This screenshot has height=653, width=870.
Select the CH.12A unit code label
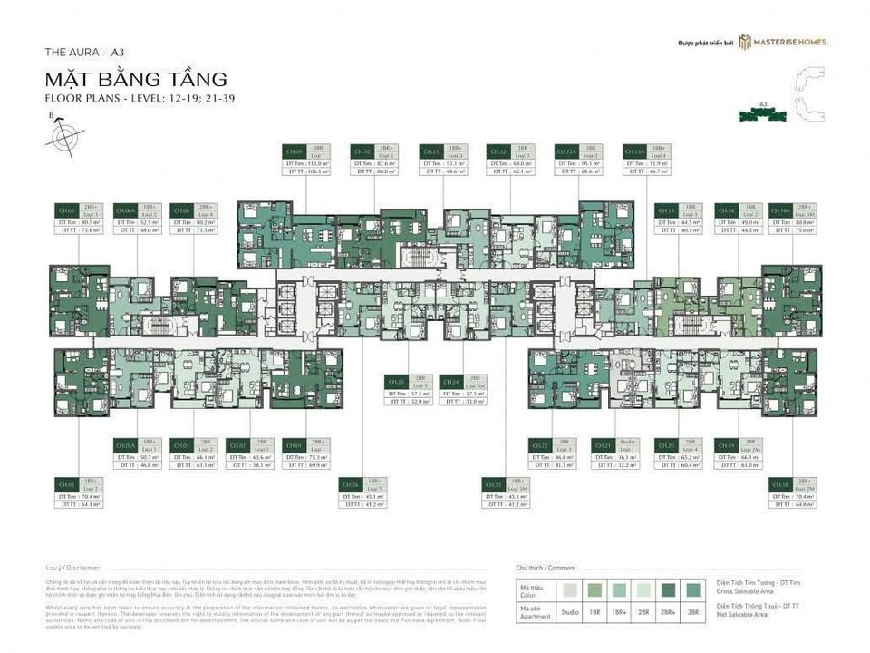point(565,151)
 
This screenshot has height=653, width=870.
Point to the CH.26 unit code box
point(350,485)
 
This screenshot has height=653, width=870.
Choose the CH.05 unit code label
point(65,485)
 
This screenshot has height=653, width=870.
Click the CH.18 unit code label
point(779,485)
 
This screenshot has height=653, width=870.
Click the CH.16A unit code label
point(779,210)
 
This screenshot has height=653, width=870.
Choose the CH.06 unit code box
point(65,210)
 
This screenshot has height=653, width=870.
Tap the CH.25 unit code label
point(395,382)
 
